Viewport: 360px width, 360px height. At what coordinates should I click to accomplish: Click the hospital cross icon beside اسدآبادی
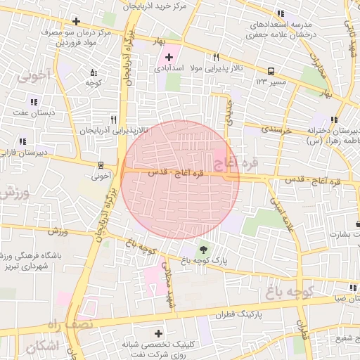(169, 56)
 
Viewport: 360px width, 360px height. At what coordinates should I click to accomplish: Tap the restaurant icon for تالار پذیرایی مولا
(216, 58)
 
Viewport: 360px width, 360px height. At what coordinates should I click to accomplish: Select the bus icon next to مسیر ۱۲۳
(271, 71)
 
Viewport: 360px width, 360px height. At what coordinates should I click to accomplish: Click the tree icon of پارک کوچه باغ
(204, 249)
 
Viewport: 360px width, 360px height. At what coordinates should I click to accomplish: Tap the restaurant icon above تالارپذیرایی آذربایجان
(113, 120)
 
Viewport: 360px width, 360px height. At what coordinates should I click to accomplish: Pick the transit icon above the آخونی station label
(102, 165)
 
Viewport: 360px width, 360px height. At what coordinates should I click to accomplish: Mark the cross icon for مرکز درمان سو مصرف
(76, 21)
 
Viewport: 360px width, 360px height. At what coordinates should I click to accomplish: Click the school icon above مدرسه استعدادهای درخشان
(281, 13)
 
